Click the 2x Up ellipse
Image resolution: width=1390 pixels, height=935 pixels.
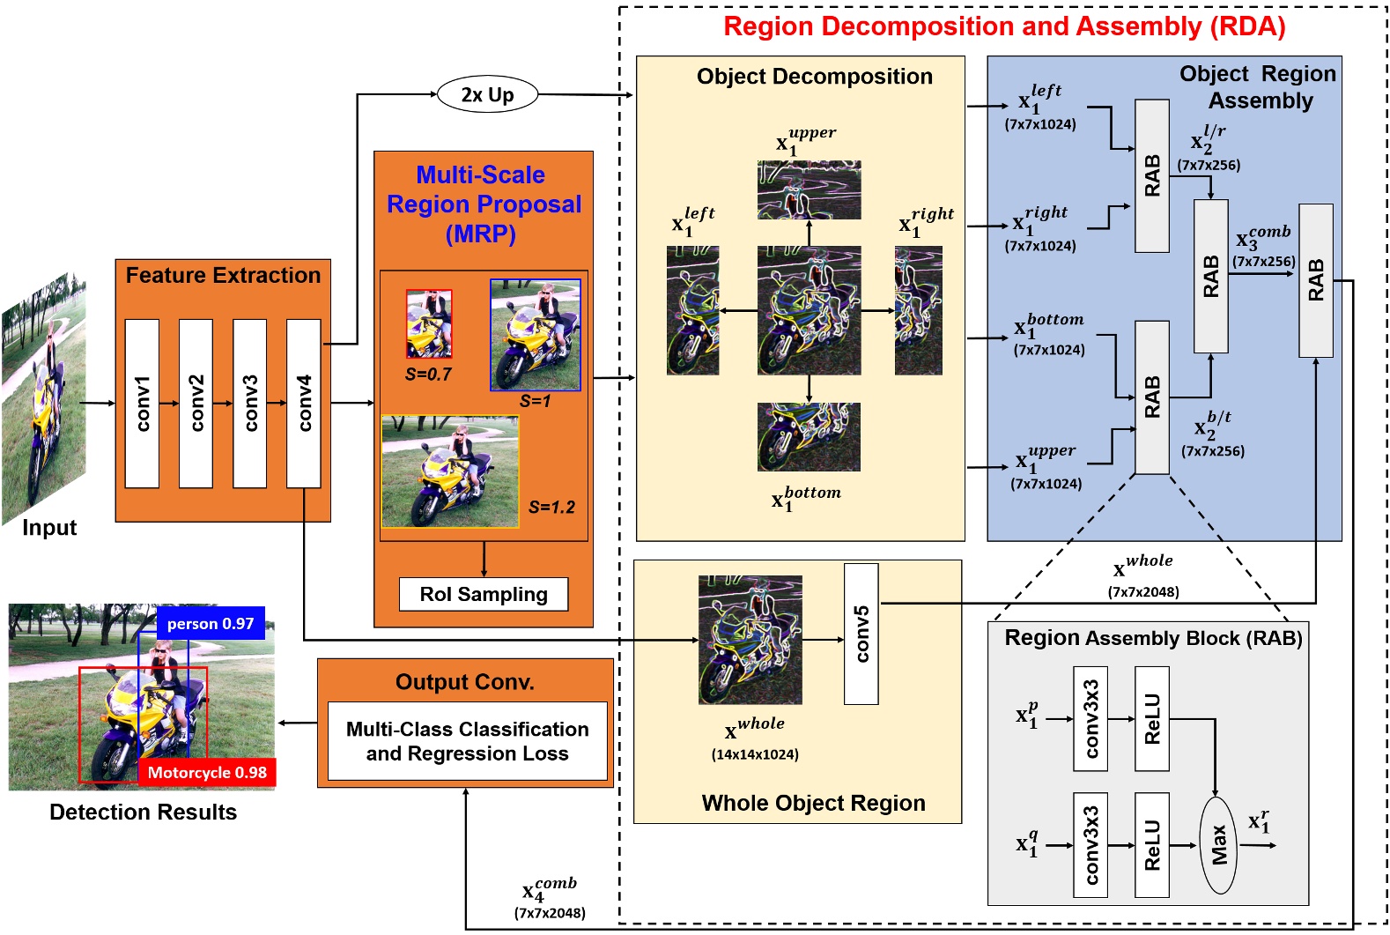pyautogui.click(x=487, y=94)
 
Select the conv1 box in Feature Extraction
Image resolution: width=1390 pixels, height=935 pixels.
pyautogui.click(x=142, y=403)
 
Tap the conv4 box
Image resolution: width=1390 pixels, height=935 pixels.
pyautogui.click(x=303, y=403)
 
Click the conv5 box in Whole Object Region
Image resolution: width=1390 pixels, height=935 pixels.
pyautogui.click(x=861, y=634)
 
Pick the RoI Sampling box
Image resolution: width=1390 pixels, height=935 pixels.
pyautogui.click(x=483, y=594)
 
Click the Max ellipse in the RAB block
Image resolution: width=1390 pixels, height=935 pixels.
pyautogui.click(x=1218, y=844)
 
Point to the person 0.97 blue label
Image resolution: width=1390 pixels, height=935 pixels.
pyautogui.click(x=211, y=623)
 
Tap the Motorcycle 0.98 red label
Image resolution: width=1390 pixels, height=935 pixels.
pyautogui.click(x=207, y=772)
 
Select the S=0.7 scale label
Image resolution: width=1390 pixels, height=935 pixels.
pyautogui.click(x=428, y=375)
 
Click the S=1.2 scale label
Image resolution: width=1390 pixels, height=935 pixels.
pyautogui.click(x=551, y=507)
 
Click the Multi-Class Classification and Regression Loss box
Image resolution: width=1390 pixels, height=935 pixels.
pyautogui.click(x=467, y=741)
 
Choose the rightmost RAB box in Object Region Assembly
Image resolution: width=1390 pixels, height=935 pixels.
pyautogui.click(x=1315, y=280)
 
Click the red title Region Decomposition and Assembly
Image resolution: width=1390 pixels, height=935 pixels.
pyautogui.click(x=1004, y=26)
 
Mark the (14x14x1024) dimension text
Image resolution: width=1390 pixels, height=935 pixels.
pyautogui.click(x=755, y=754)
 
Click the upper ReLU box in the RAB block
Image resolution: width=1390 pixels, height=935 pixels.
pyautogui.click(x=1151, y=718)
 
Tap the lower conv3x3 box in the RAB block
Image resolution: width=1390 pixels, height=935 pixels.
pyautogui.click(x=1091, y=844)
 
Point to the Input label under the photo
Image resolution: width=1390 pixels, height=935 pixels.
pyautogui.click(x=49, y=528)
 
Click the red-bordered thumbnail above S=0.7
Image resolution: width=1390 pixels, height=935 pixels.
pyautogui.click(x=429, y=323)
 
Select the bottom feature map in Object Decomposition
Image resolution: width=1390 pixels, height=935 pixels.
pyautogui.click(x=809, y=437)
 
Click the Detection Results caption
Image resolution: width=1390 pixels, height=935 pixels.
pyautogui.click(x=143, y=812)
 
